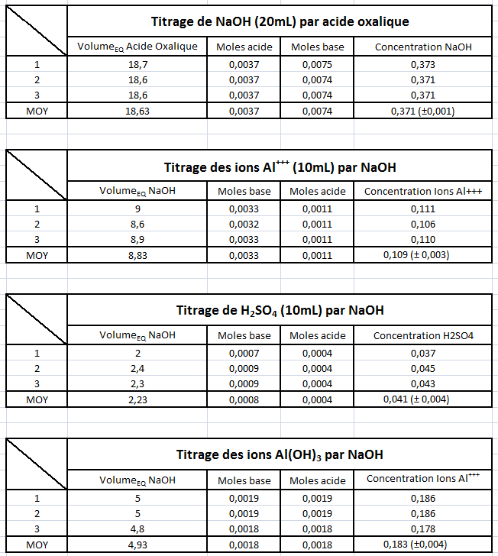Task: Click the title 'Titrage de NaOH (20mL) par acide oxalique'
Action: pyautogui.click(x=279, y=21)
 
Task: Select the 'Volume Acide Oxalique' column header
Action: pyautogui.click(x=137, y=47)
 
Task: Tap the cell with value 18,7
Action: pyautogui.click(x=137, y=65)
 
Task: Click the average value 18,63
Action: pyautogui.click(x=137, y=112)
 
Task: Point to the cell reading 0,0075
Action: pyautogui.click(x=317, y=65)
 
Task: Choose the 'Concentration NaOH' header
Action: pyautogui.click(x=423, y=47)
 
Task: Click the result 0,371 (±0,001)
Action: pyautogui.click(x=423, y=112)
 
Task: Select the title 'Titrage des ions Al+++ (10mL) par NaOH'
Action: pyautogui.click(x=279, y=166)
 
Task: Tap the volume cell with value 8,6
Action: pyautogui.click(x=137, y=225)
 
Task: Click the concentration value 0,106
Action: pyautogui.click(x=423, y=225)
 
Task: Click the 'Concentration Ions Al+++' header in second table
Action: pyautogui.click(x=423, y=191)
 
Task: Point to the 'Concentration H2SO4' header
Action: pyautogui.click(x=423, y=335)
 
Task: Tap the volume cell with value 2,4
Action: pyautogui.click(x=137, y=368)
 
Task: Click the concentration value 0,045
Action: pyautogui.click(x=423, y=368)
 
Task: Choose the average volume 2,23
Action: pyautogui.click(x=137, y=399)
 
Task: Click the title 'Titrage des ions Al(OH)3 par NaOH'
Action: pyautogui.click(x=279, y=454)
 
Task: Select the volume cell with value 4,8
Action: pyautogui.click(x=137, y=529)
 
